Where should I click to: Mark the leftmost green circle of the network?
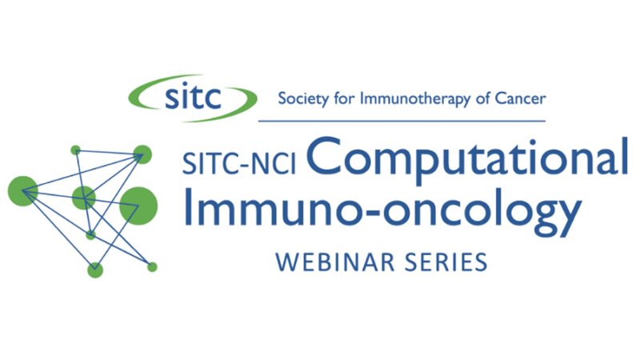[23, 190]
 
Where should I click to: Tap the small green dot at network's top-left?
[75, 150]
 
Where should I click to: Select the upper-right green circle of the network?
[142, 153]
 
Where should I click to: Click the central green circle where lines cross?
[84, 197]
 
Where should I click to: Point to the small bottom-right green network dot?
[152, 266]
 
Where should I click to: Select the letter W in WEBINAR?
[282, 261]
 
